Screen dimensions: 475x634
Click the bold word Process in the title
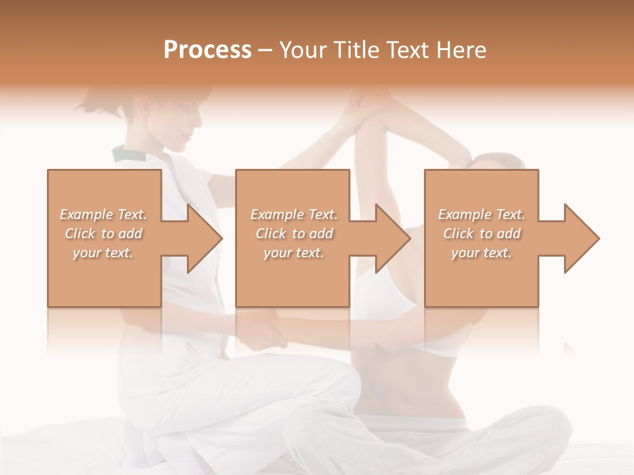(x=207, y=49)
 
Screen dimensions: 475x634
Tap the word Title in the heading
(x=354, y=49)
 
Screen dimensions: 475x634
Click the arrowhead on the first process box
(x=201, y=238)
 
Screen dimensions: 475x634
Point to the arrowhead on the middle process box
(x=390, y=238)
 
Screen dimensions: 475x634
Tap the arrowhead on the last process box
(x=579, y=238)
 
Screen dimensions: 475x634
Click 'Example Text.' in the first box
(x=104, y=214)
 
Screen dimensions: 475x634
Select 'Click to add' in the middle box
(x=294, y=234)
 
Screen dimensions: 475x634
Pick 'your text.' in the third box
(x=481, y=253)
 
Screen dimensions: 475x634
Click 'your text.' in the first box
(x=104, y=253)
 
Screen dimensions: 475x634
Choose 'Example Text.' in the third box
(x=481, y=214)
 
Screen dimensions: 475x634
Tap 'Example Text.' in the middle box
(x=294, y=214)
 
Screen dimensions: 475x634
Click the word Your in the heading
(x=303, y=49)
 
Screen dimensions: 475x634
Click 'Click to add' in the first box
(x=104, y=234)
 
